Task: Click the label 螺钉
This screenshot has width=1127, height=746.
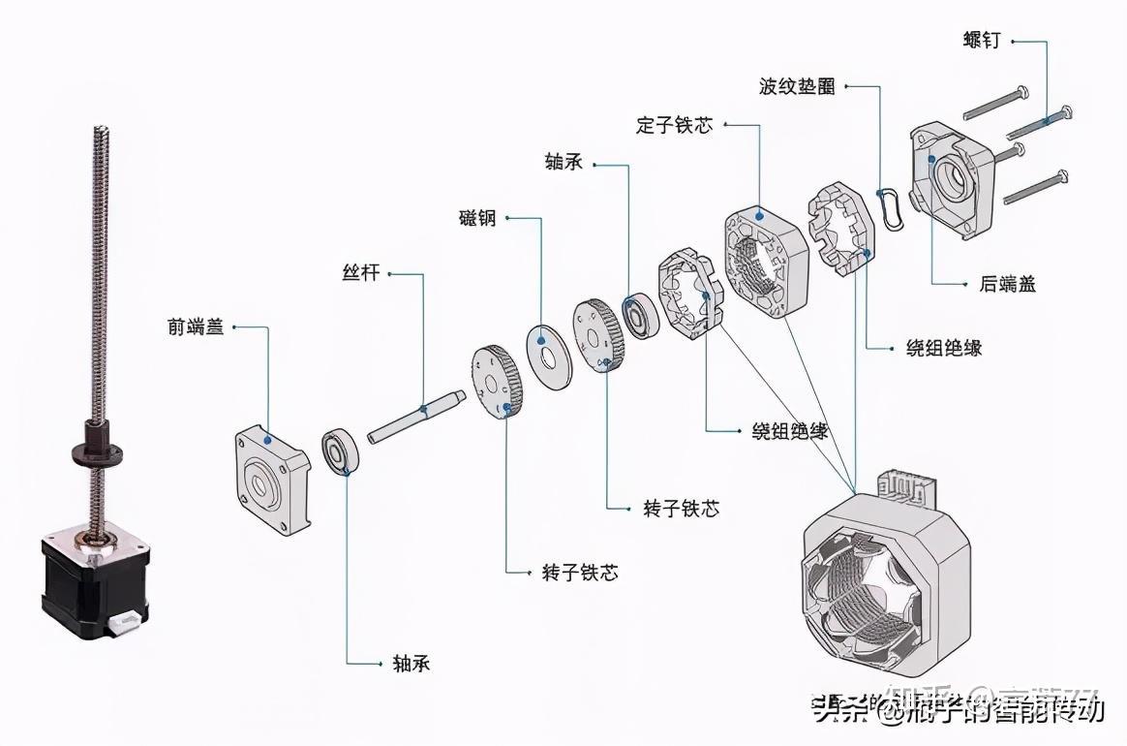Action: coord(982,41)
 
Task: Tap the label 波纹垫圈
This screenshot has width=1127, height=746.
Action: coord(797,86)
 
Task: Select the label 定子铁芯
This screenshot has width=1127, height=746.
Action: coord(675,125)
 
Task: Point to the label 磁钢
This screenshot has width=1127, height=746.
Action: coord(477,218)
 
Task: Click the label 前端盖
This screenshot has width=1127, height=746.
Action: coord(196,327)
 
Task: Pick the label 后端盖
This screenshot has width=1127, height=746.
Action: coord(1001,284)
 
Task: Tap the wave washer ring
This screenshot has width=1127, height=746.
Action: coord(891,206)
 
